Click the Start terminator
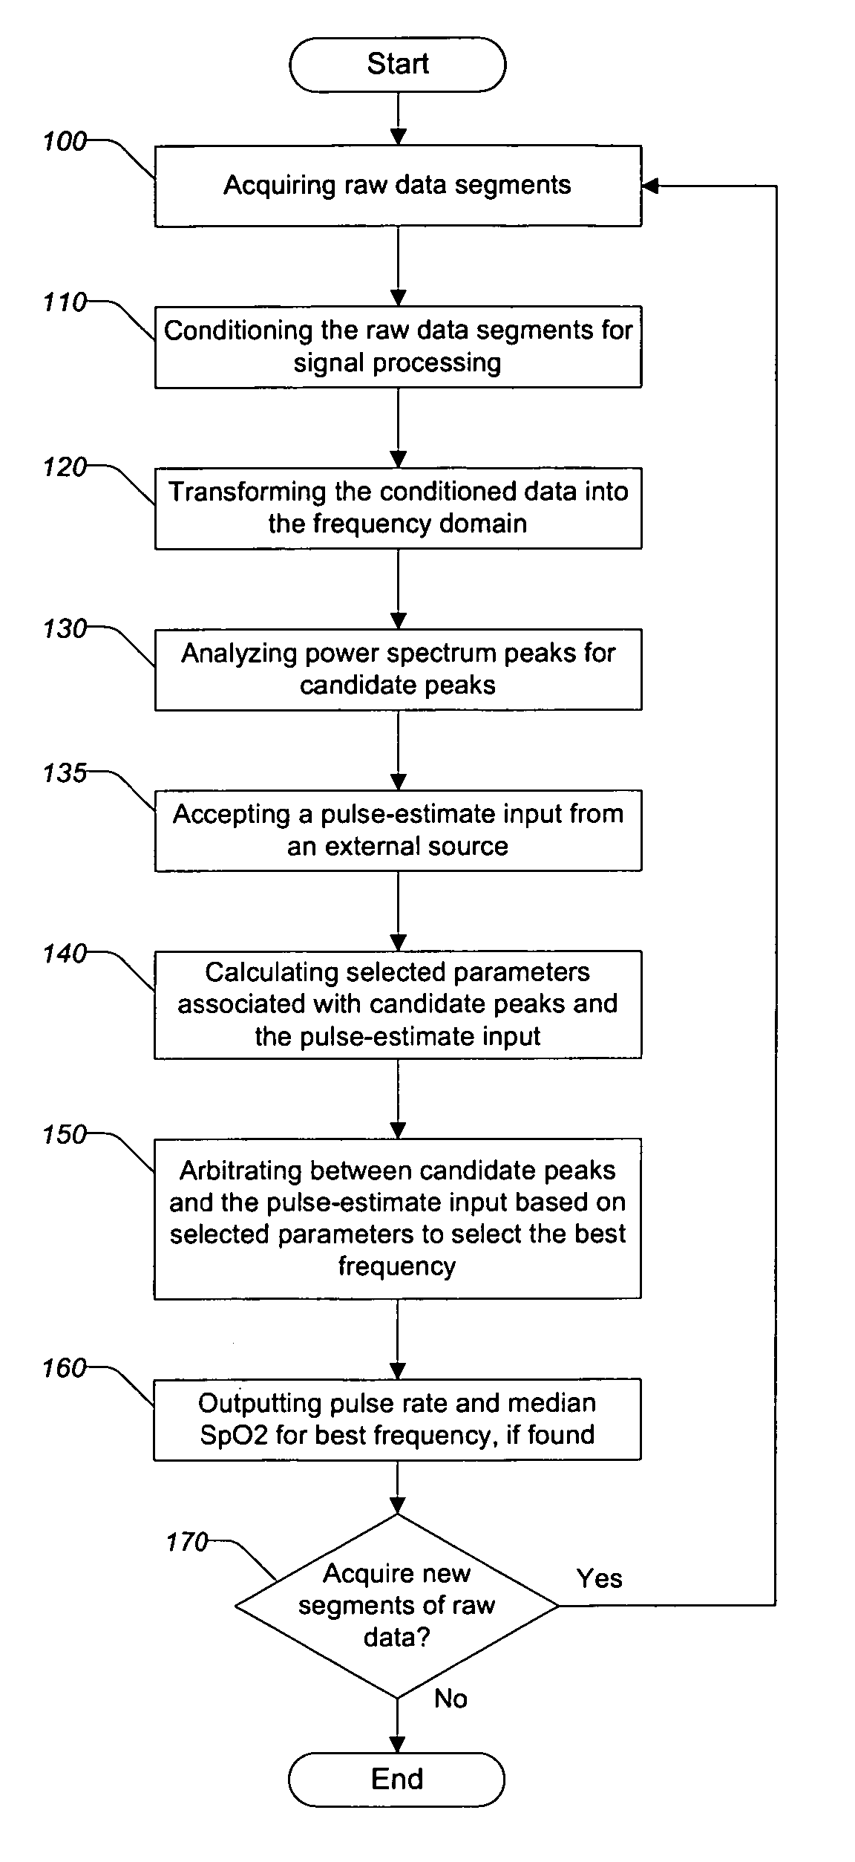(398, 65)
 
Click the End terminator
(397, 1779)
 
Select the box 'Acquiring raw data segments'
(398, 186)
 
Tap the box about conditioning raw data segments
(398, 347)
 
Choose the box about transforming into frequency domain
(398, 508)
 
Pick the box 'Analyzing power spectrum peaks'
(398, 669)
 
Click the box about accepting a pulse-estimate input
(398, 830)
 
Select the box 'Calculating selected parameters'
(398, 1004)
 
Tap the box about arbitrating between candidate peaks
(398, 1219)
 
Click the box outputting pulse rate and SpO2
(398, 1419)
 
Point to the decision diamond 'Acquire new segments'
(397, 1605)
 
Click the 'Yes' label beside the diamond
(600, 1578)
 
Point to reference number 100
(65, 141)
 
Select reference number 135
(65, 773)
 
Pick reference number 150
(65, 1134)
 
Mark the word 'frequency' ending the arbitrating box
(397, 1266)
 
